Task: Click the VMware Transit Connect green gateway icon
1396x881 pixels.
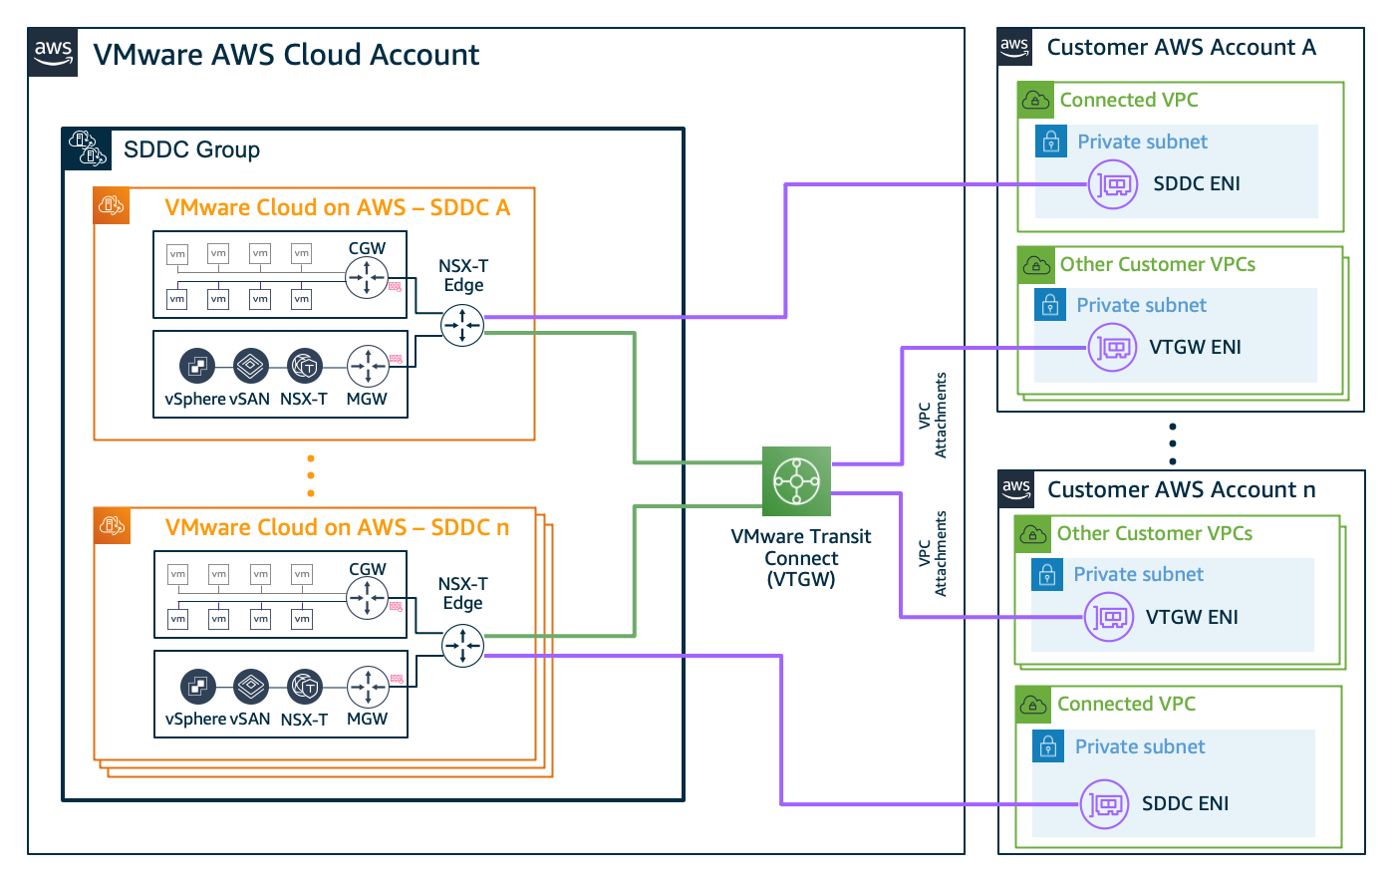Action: (796, 480)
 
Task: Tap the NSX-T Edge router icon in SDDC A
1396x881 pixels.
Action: (462, 325)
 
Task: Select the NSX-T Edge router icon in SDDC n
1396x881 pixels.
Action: (462, 646)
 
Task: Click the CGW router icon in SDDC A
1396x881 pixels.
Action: (367, 278)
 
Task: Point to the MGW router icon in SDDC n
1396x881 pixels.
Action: (368, 687)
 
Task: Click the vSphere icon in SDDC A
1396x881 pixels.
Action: (197, 366)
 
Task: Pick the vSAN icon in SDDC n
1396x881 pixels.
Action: (251, 687)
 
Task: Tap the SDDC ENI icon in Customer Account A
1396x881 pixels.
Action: (1113, 184)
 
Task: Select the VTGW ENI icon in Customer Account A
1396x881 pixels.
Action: (1112, 348)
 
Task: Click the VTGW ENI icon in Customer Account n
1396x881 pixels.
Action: (1109, 618)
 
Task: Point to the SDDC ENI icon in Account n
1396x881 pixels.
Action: (1105, 804)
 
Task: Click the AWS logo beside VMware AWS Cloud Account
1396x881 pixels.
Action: (53, 53)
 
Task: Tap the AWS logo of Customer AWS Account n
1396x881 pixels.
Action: (1015, 488)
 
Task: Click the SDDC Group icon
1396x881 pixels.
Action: (88, 148)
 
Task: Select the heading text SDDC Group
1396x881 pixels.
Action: (191, 149)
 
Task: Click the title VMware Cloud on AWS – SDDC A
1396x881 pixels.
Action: (337, 207)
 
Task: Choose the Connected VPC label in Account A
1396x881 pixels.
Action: (1128, 100)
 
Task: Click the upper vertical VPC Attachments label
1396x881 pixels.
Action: (933, 416)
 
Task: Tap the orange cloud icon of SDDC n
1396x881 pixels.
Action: (112, 525)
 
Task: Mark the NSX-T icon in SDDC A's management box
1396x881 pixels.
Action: (304, 366)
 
